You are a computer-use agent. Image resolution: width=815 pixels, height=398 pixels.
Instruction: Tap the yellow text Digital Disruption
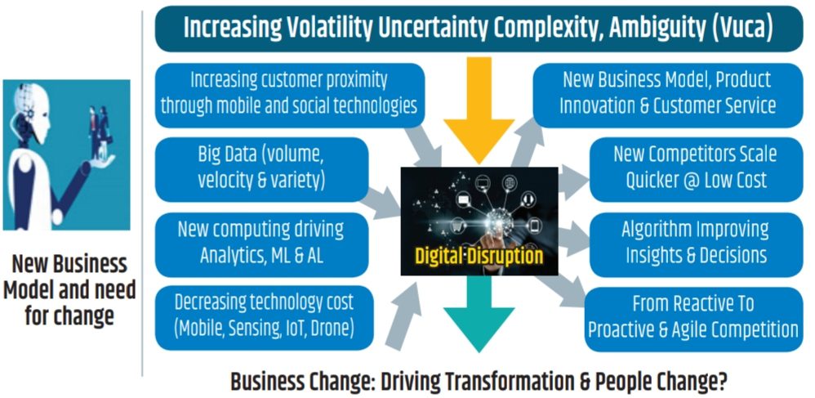click(479, 256)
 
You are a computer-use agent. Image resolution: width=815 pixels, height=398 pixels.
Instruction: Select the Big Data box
click(261, 169)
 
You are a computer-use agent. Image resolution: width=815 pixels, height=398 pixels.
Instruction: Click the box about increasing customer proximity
click(290, 95)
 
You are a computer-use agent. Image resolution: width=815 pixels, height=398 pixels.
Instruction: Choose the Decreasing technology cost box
click(264, 317)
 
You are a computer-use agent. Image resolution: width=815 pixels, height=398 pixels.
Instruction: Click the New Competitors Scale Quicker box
click(696, 169)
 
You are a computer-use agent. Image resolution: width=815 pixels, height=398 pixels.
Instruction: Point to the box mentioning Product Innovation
click(668, 95)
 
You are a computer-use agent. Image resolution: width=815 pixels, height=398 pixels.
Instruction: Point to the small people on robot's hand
click(100, 132)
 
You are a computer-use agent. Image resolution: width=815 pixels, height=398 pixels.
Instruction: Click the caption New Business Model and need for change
click(69, 290)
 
